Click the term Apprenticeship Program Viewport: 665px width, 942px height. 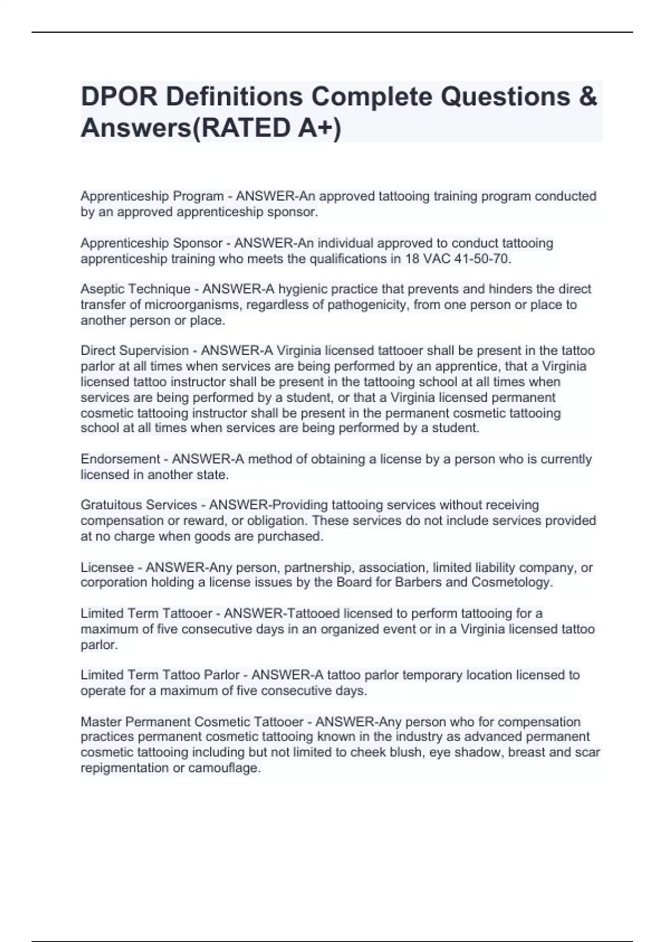click(152, 196)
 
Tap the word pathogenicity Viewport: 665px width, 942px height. click(368, 305)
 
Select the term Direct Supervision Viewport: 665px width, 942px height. click(135, 351)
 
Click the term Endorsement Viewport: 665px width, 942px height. click(120, 459)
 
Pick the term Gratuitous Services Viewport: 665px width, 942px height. click(139, 505)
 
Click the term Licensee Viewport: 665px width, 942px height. click(107, 567)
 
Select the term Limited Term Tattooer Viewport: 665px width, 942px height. click(146, 613)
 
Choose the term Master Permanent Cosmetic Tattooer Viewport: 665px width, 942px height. click(192, 722)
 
